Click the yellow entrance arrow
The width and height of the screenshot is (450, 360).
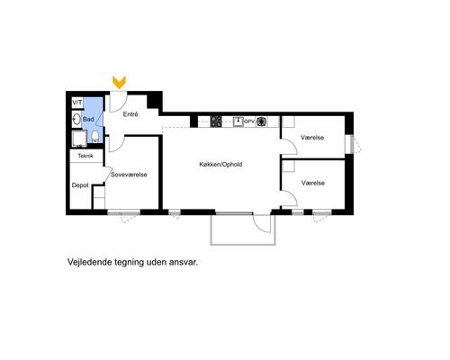coord(119,83)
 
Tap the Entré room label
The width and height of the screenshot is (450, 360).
coord(130,115)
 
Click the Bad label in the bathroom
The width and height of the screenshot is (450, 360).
coord(88,119)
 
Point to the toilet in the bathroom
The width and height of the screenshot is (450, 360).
coord(94,138)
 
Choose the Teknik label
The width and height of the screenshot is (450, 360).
coord(85,156)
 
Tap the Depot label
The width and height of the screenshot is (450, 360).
coord(80,186)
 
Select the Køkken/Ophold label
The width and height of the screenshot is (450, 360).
coord(221,164)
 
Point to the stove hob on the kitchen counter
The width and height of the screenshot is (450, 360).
coord(217,121)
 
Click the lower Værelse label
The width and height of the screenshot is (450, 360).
coord(312,183)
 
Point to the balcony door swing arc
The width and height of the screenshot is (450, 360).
coord(262,222)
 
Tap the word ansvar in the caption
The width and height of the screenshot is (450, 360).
coord(180,264)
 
